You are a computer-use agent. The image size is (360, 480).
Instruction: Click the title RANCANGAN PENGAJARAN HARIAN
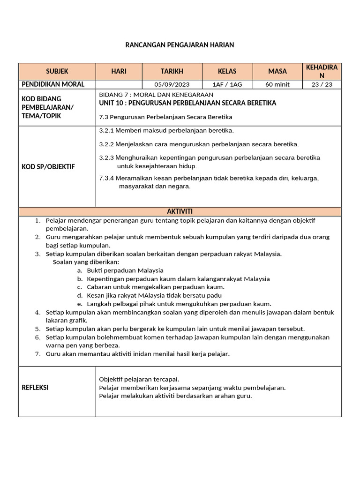pyautogui.click(x=180, y=45)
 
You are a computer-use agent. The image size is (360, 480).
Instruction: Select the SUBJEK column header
pyautogui.click(x=57, y=71)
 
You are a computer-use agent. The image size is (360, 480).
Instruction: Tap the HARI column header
pyautogui.click(x=119, y=71)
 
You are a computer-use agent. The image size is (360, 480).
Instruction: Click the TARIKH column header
pyautogui.click(x=172, y=71)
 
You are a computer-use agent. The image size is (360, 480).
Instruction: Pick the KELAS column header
pyautogui.click(x=227, y=71)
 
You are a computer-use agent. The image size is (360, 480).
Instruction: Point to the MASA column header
pyautogui.click(x=277, y=71)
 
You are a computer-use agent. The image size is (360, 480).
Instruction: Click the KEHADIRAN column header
pyautogui.click(x=321, y=71)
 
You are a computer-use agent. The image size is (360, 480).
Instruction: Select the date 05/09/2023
pyautogui.click(x=172, y=85)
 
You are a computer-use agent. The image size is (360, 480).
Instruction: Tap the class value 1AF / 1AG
pyautogui.click(x=227, y=85)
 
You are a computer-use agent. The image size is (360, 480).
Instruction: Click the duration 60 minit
pyautogui.click(x=277, y=85)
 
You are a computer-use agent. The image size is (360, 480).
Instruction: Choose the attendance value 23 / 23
pyautogui.click(x=321, y=85)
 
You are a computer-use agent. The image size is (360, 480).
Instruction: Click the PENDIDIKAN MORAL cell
pyautogui.click(x=53, y=84)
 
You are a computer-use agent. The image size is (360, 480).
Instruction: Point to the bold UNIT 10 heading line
pyautogui.click(x=188, y=103)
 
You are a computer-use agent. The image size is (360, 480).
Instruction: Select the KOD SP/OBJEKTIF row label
pyautogui.click(x=48, y=166)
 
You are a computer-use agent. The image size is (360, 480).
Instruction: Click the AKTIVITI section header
pyautogui.click(x=180, y=211)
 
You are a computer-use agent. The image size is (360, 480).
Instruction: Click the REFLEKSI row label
pyautogui.click(x=35, y=388)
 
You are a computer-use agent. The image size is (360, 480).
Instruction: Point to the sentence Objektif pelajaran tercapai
pyautogui.click(x=139, y=379)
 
